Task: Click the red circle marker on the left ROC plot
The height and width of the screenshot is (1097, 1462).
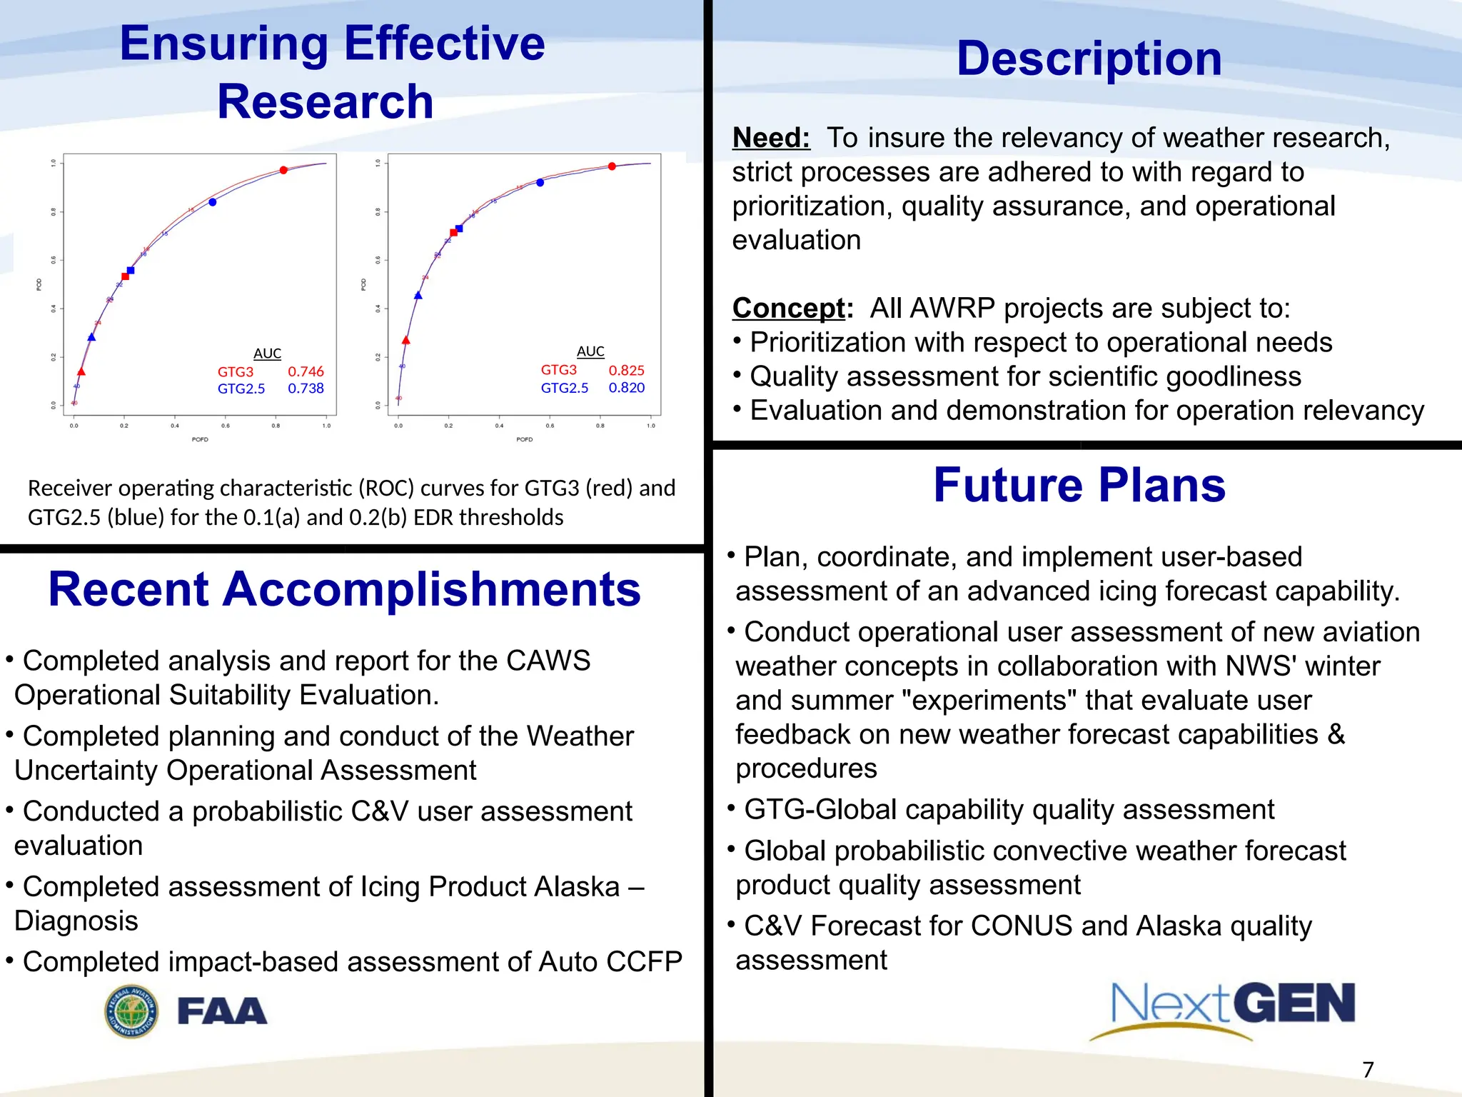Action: click(283, 170)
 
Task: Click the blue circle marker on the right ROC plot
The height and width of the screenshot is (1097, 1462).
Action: click(540, 183)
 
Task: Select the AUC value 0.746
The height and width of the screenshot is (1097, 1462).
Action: click(306, 371)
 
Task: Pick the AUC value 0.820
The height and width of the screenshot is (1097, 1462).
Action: click(626, 388)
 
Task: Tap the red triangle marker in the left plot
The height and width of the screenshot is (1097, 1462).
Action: click(81, 372)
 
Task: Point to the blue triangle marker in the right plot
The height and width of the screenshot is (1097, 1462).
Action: click(418, 296)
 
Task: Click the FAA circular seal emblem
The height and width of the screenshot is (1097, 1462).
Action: click(131, 1011)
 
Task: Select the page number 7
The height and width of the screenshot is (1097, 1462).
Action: click(1368, 1070)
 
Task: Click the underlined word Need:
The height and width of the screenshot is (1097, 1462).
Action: click(771, 138)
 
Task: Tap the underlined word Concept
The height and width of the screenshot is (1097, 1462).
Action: click(789, 309)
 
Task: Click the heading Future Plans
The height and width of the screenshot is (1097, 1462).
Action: click(1079, 486)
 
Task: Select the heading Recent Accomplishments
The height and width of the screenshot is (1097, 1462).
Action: click(344, 590)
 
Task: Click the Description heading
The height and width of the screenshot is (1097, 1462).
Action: click(1089, 59)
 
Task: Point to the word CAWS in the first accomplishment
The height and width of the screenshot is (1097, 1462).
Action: click(548, 661)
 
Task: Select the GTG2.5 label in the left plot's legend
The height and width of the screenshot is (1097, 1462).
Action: click(241, 389)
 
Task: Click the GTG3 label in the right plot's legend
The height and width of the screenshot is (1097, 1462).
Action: click(558, 370)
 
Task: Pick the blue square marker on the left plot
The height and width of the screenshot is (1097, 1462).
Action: click(131, 271)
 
